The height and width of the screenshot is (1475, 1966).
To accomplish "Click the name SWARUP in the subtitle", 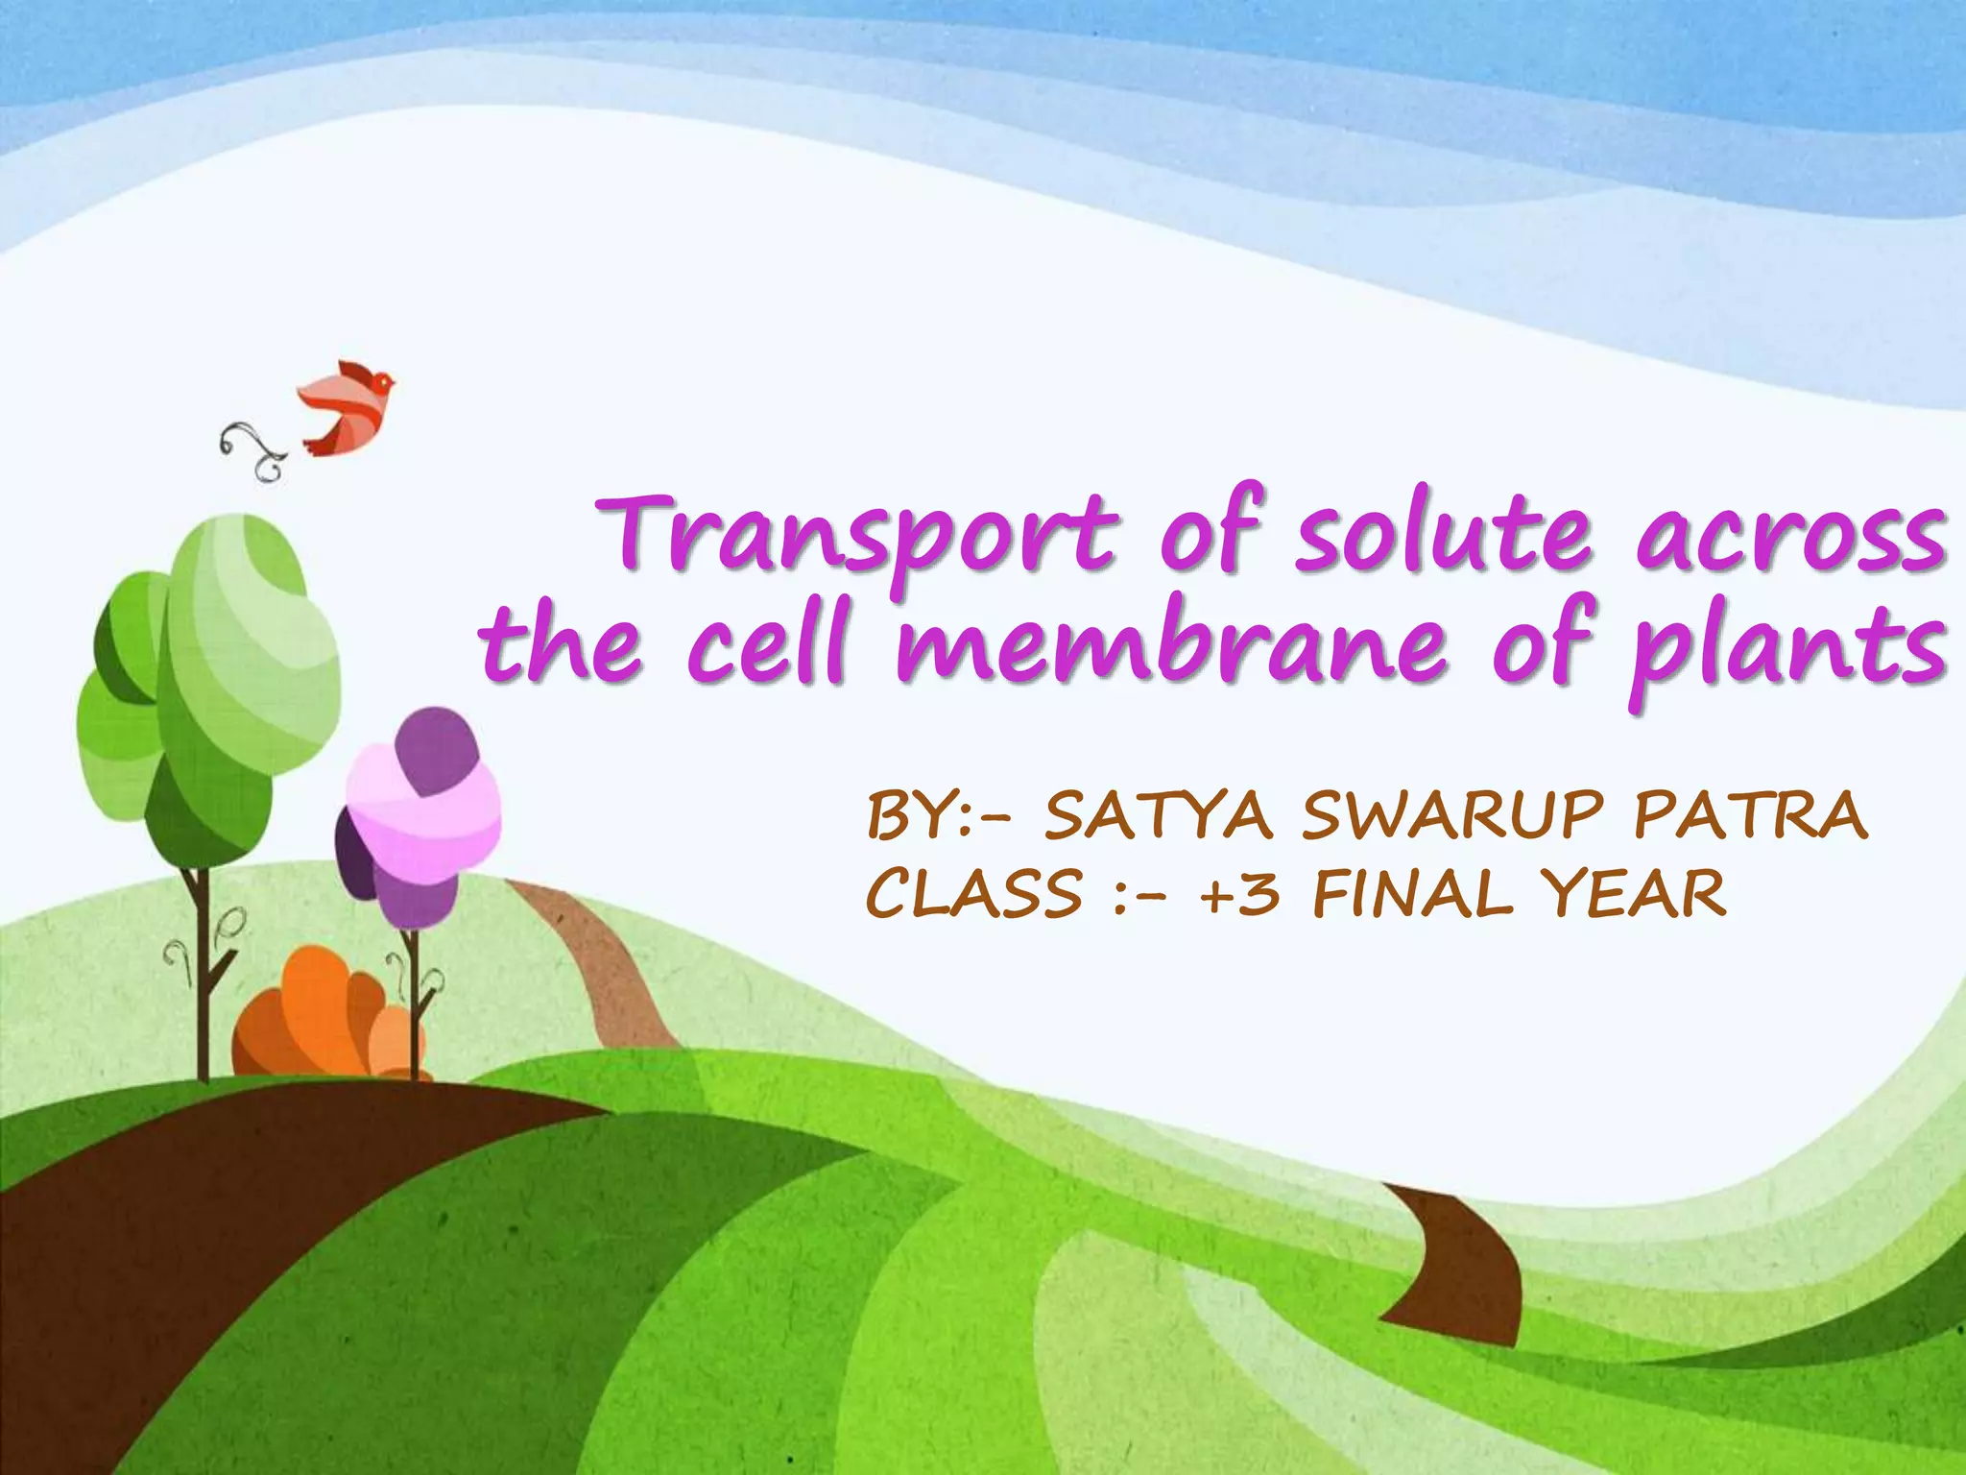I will [1452, 815].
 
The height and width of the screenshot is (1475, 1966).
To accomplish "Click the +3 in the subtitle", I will [1239, 893].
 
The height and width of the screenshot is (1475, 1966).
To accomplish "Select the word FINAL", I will [1411, 893].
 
